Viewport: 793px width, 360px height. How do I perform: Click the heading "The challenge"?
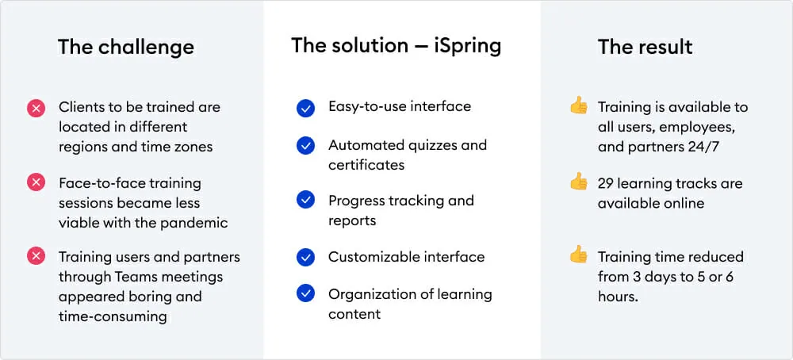pos(126,47)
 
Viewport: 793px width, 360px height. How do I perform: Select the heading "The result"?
pos(646,47)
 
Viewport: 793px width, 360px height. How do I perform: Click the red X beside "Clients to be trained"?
pos(36,108)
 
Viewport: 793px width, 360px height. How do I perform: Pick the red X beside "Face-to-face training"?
pos(36,182)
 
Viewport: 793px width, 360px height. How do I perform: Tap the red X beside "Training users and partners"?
pos(36,257)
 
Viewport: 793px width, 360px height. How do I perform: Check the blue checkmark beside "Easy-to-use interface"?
pos(305,108)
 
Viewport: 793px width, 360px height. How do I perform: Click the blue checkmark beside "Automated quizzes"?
pos(305,146)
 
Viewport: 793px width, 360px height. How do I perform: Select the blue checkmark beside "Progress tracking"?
pos(305,201)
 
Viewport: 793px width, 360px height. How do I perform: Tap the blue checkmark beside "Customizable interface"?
pos(305,258)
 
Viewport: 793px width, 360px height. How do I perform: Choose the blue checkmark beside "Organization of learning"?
pos(305,293)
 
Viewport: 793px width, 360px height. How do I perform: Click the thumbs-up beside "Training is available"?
pos(579,105)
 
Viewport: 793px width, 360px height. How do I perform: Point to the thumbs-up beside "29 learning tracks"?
pos(579,181)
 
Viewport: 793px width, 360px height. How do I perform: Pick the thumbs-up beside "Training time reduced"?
pos(579,255)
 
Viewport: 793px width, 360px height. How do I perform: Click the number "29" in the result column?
pos(607,183)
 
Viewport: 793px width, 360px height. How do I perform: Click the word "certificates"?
pos(366,165)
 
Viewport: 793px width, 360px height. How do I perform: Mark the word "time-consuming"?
pos(113,316)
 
